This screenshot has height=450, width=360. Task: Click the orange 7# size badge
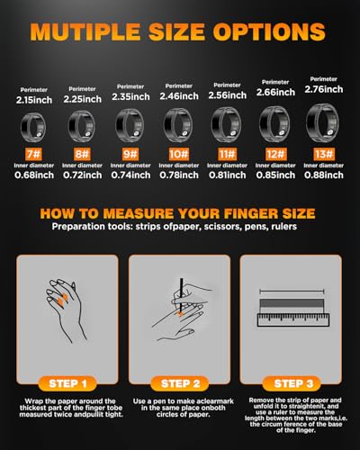pos(33,154)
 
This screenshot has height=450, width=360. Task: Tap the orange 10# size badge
pos(179,154)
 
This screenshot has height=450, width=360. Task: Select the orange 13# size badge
pos(324,154)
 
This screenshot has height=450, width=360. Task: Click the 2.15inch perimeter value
pos(34,100)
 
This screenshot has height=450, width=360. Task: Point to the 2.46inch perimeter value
pos(179,96)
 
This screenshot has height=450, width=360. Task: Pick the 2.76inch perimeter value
pos(324,89)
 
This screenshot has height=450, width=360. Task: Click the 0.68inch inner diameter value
pos(34,175)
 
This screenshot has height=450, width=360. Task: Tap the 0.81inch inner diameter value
pos(228,175)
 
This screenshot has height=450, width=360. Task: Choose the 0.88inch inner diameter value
pos(324,175)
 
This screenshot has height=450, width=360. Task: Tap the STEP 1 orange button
pos(67,383)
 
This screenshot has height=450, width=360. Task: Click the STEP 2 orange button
pos(180,383)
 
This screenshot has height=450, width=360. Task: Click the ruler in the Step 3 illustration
pos(293,320)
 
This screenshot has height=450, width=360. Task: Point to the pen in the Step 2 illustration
pos(181,295)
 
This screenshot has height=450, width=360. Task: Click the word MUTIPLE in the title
pos(85,31)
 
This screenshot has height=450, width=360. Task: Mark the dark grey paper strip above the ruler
pos(292,303)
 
